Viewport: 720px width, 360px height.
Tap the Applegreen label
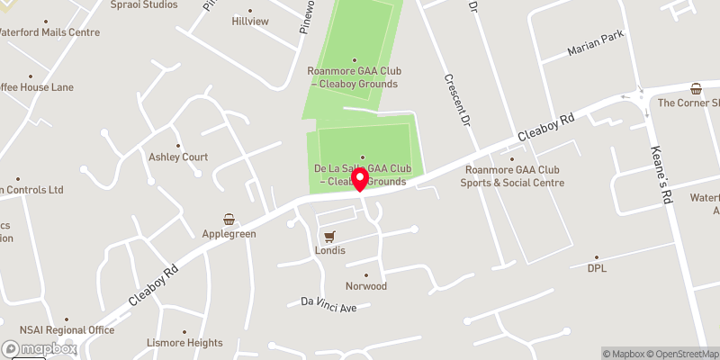point(229,234)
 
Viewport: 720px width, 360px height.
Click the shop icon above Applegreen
point(229,219)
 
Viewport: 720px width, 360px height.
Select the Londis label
point(329,251)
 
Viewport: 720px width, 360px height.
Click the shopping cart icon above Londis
point(329,237)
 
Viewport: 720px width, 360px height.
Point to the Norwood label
point(366,286)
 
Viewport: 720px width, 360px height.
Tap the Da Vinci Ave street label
point(329,308)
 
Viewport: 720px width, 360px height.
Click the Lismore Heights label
point(184,343)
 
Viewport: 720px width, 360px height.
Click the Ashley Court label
point(178,157)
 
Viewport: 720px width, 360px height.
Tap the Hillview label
point(250,21)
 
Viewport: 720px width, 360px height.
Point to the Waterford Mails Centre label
point(61,32)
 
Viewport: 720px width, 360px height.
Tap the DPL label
point(598,268)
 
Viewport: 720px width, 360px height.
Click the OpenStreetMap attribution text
point(684,354)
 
